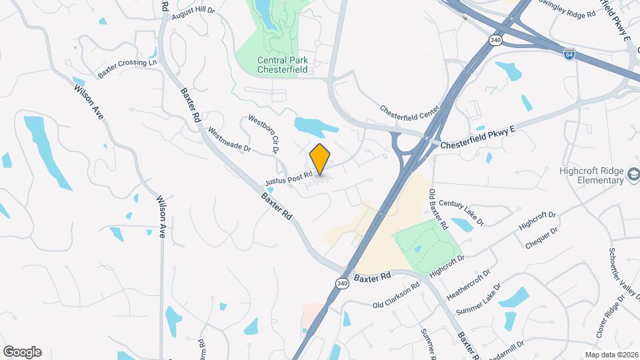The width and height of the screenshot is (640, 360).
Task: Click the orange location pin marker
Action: (x=320, y=159)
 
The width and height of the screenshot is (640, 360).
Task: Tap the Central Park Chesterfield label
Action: (x=281, y=65)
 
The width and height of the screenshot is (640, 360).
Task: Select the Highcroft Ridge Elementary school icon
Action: (x=632, y=175)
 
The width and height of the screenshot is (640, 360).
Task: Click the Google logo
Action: (x=22, y=352)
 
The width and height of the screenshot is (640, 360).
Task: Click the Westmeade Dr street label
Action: (x=229, y=139)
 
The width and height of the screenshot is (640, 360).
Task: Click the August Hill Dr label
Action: (x=193, y=11)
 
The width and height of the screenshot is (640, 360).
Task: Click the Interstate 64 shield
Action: (x=569, y=52)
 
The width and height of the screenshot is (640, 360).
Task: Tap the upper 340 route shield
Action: (x=495, y=40)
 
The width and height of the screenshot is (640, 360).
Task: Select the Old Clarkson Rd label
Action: (x=396, y=295)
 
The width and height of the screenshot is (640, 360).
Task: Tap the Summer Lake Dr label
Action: (x=477, y=302)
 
